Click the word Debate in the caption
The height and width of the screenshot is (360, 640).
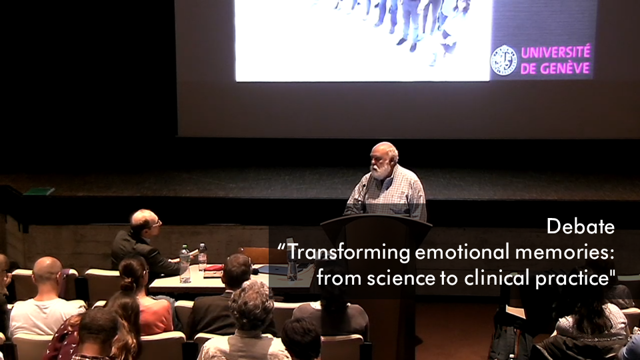click(x=581, y=226)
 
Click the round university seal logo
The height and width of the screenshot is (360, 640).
click(x=504, y=61)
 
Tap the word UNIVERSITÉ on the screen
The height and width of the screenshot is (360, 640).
click(x=555, y=52)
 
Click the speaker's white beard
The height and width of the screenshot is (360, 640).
click(x=379, y=170)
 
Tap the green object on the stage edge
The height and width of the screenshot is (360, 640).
click(x=39, y=191)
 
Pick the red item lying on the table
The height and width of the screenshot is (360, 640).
click(x=214, y=268)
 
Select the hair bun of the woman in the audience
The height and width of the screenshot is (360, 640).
click(x=128, y=285)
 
